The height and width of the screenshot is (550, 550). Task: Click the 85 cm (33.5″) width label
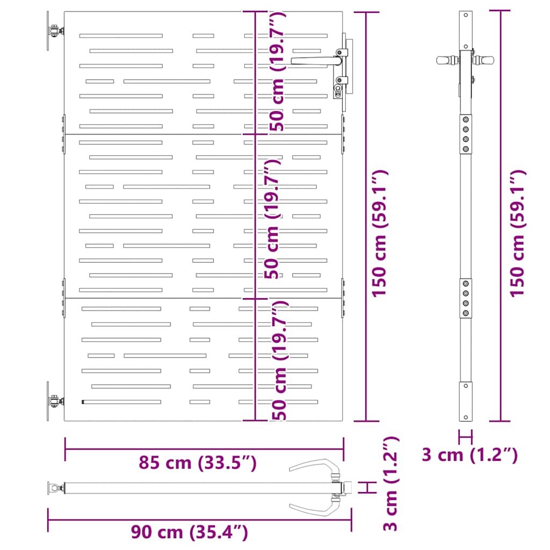click(x=198, y=462)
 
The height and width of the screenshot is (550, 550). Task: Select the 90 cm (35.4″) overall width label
click(x=190, y=532)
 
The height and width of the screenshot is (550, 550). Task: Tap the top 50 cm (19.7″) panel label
click(x=278, y=71)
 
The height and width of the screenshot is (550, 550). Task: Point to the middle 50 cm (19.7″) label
click(x=272, y=219)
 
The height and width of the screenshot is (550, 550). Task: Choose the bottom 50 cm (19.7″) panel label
click(x=279, y=360)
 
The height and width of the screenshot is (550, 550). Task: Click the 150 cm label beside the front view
click(x=380, y=234)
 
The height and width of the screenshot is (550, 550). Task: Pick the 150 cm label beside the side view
click(x=518, y=234)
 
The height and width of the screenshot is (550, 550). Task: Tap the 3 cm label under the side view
click(x=469, y=455)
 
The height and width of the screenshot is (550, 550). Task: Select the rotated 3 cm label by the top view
click(x=391, y=484)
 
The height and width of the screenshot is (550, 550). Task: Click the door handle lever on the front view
click(x=316, y=61)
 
